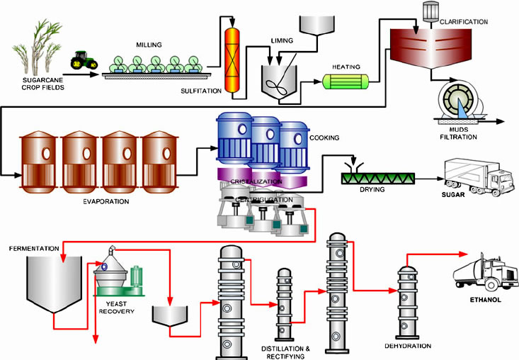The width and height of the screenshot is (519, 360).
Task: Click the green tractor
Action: pyautogui.click(x=84, y=60)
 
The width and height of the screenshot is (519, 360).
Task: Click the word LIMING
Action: pyautogui.click(x=283, y=41)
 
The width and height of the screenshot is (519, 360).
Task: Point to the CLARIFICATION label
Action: pyautogui.click(x=464, y=22)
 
